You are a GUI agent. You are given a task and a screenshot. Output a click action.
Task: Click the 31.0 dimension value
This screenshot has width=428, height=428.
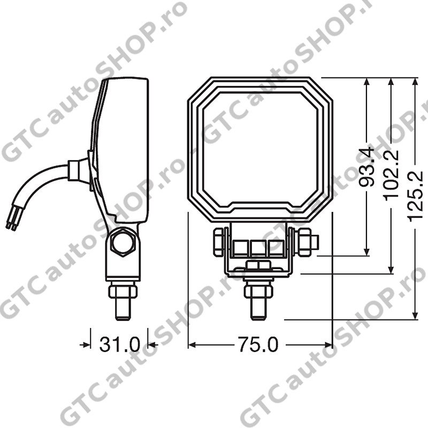click(119, 345)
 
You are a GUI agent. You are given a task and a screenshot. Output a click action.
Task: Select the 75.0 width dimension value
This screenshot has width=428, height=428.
click(258, 345)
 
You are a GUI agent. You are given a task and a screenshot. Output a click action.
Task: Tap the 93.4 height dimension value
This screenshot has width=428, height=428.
click(366, 167)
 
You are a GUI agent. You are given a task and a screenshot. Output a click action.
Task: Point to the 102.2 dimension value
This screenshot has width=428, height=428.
click(391, 175)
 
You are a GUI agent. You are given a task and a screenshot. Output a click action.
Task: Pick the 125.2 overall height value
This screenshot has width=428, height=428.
click(415, 196)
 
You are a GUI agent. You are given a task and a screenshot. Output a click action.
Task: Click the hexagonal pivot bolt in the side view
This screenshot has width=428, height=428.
click(123, 242)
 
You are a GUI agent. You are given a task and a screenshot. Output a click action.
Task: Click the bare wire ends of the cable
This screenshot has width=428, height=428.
click(12, 223)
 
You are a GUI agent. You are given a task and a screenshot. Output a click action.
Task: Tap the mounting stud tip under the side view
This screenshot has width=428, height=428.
click(123, 309)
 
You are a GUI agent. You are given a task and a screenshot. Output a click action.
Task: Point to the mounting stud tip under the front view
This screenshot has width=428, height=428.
click(258, 309)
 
